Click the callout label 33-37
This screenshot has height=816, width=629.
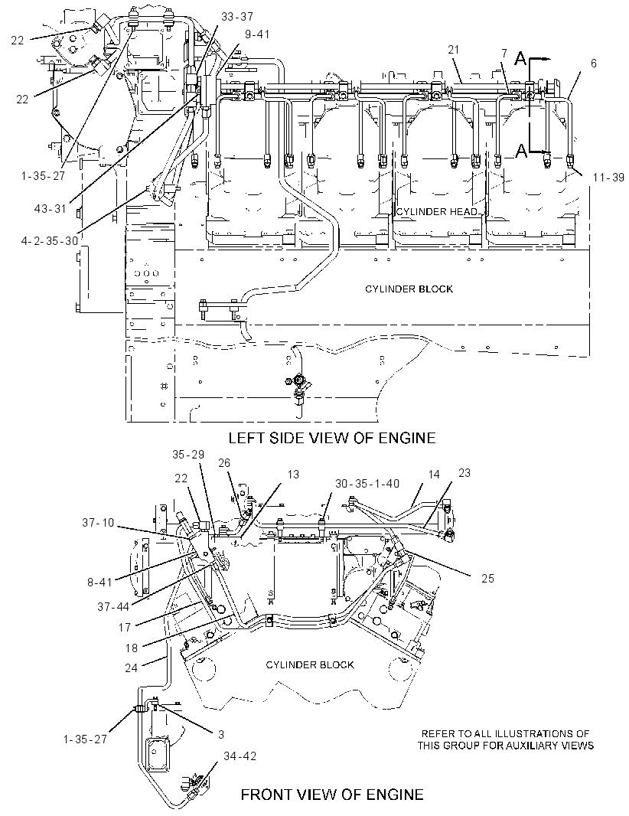[x=237, y=17]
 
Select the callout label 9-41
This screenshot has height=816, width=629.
[x=257, y=34]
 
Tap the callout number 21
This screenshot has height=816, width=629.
[x=454, y=50]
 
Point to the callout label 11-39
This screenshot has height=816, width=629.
[x=608, y=178]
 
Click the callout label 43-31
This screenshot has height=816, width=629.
[x=51, y=209]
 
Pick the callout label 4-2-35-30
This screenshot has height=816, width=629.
[x=50, y=241]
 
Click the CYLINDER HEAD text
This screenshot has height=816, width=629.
[x=436, y=212]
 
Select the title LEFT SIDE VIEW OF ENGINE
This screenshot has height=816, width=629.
[x=332, y=438]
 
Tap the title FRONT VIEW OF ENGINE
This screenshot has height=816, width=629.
[x=332, y=795]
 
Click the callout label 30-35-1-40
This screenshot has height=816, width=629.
[x=367, y=484]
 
